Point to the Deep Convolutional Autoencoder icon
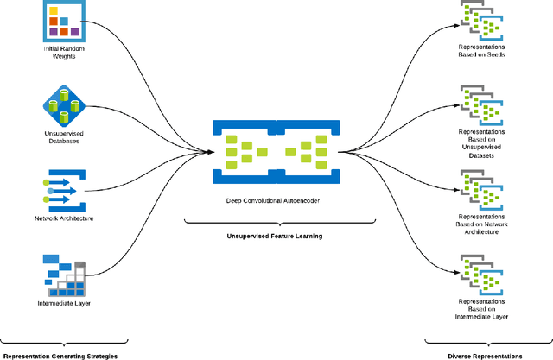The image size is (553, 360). [272, 151]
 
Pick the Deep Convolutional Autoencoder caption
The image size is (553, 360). [271, 199]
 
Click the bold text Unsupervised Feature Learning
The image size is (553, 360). [271, 236]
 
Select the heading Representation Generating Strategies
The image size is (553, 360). [60, 355]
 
